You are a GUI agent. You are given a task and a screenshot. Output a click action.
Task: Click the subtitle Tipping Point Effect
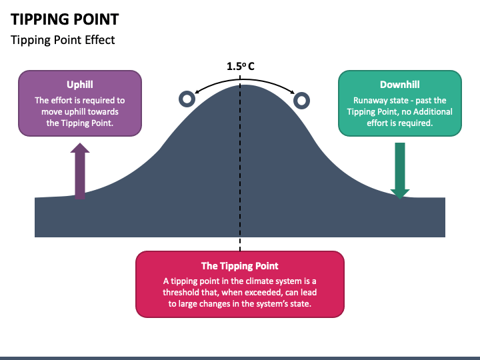pos(63,40)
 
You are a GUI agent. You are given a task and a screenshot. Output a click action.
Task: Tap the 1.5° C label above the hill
pos(240,66)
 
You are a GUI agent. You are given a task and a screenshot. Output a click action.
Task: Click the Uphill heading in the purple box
pos(79,85)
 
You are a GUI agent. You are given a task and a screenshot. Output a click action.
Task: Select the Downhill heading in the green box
pos(399,85)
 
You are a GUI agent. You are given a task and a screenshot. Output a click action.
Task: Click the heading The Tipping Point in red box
pos(240,265)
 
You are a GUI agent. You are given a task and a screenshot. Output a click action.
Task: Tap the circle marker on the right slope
pos(302,101)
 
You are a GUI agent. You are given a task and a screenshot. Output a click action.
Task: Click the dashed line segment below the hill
pos(240,244)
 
